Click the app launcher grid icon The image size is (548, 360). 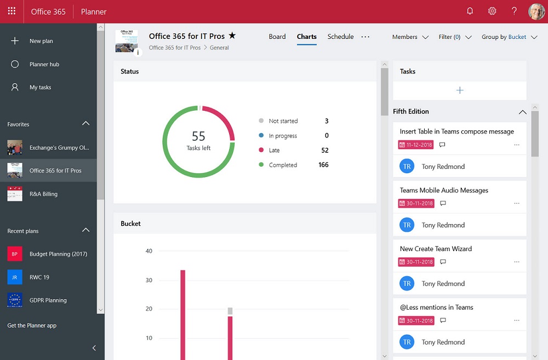[12, 12]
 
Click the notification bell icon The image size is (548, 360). [470, 12]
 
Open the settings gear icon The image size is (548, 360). [492, 12]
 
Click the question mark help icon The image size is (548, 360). [514, 12]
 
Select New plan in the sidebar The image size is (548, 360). [41, 41]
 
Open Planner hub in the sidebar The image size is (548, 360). [44, 65]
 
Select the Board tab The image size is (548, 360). [277, 37]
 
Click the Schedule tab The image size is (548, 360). [340, 37]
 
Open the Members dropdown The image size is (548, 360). [410, 37]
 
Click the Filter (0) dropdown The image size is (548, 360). [455, 37]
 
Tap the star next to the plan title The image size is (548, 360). [232, 36]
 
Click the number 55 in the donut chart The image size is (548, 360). [198, 136]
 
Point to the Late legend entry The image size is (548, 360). [274, 151]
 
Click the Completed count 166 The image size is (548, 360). [323, 165]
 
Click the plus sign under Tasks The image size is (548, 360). [460, 90]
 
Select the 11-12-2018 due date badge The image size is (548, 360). [416, 145]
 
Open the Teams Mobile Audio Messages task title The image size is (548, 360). [444, 191]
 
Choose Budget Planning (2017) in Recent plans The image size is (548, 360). [58, 254]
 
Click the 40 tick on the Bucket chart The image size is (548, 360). [149, 252]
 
